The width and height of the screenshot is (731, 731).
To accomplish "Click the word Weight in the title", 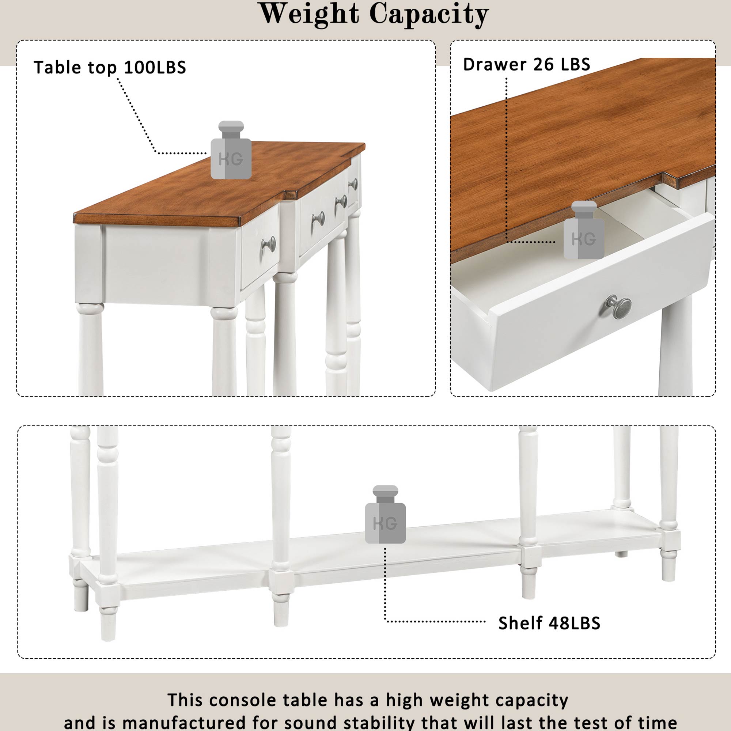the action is tap(309, 14).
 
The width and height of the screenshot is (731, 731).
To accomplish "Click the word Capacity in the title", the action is tap(429, 15).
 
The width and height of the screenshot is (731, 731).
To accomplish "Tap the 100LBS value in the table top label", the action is tap(155, 67).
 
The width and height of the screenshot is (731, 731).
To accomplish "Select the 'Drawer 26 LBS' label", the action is tap(526, 64).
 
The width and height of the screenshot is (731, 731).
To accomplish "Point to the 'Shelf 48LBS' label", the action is tap(549, 623).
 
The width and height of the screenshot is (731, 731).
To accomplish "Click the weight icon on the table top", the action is tap(231, 150).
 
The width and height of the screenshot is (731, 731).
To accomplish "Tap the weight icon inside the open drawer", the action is tap(584, 230).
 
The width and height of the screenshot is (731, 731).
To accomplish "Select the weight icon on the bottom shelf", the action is tap(385, 515).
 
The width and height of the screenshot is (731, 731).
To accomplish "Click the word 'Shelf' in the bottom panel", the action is tap(520, 623).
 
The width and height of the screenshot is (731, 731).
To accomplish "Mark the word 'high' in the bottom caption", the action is tap(405, 701).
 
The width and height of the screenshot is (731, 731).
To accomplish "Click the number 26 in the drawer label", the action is tap(544, 64).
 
